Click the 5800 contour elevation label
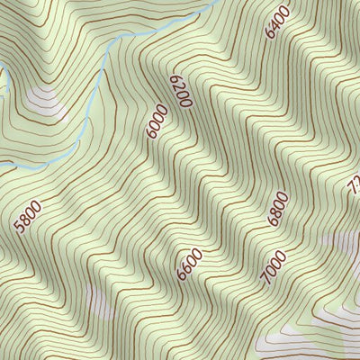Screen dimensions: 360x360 [29, 216]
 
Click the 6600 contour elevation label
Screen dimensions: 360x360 [190, 263]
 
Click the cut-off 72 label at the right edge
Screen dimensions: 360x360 [353, 187]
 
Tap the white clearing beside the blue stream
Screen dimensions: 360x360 [45, 103]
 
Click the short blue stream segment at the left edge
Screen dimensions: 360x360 [4, 84]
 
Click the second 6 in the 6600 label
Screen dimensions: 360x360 [187, 267]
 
